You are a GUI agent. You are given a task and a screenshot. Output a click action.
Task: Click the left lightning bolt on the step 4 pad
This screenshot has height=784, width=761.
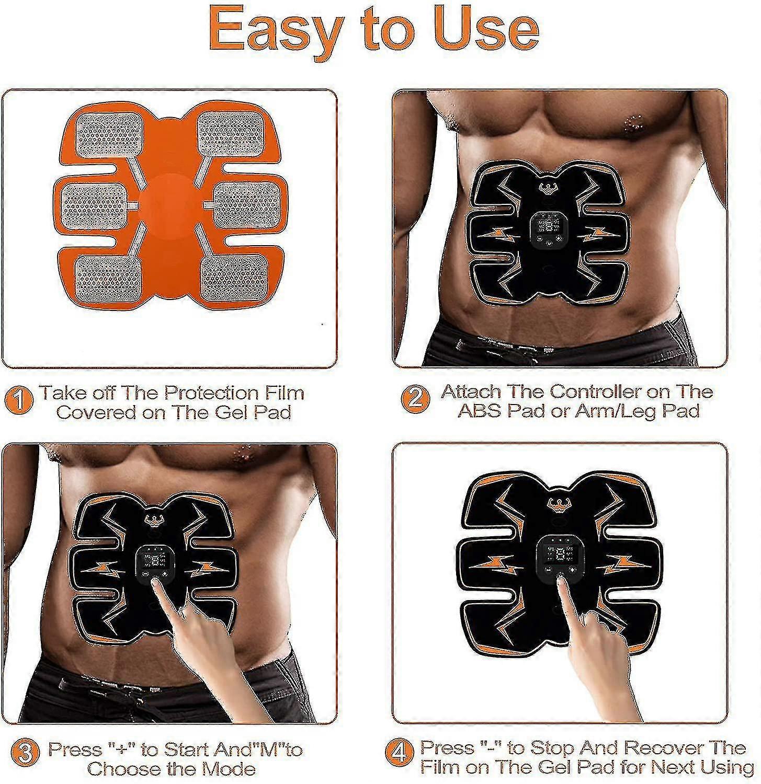click(495, 565)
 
